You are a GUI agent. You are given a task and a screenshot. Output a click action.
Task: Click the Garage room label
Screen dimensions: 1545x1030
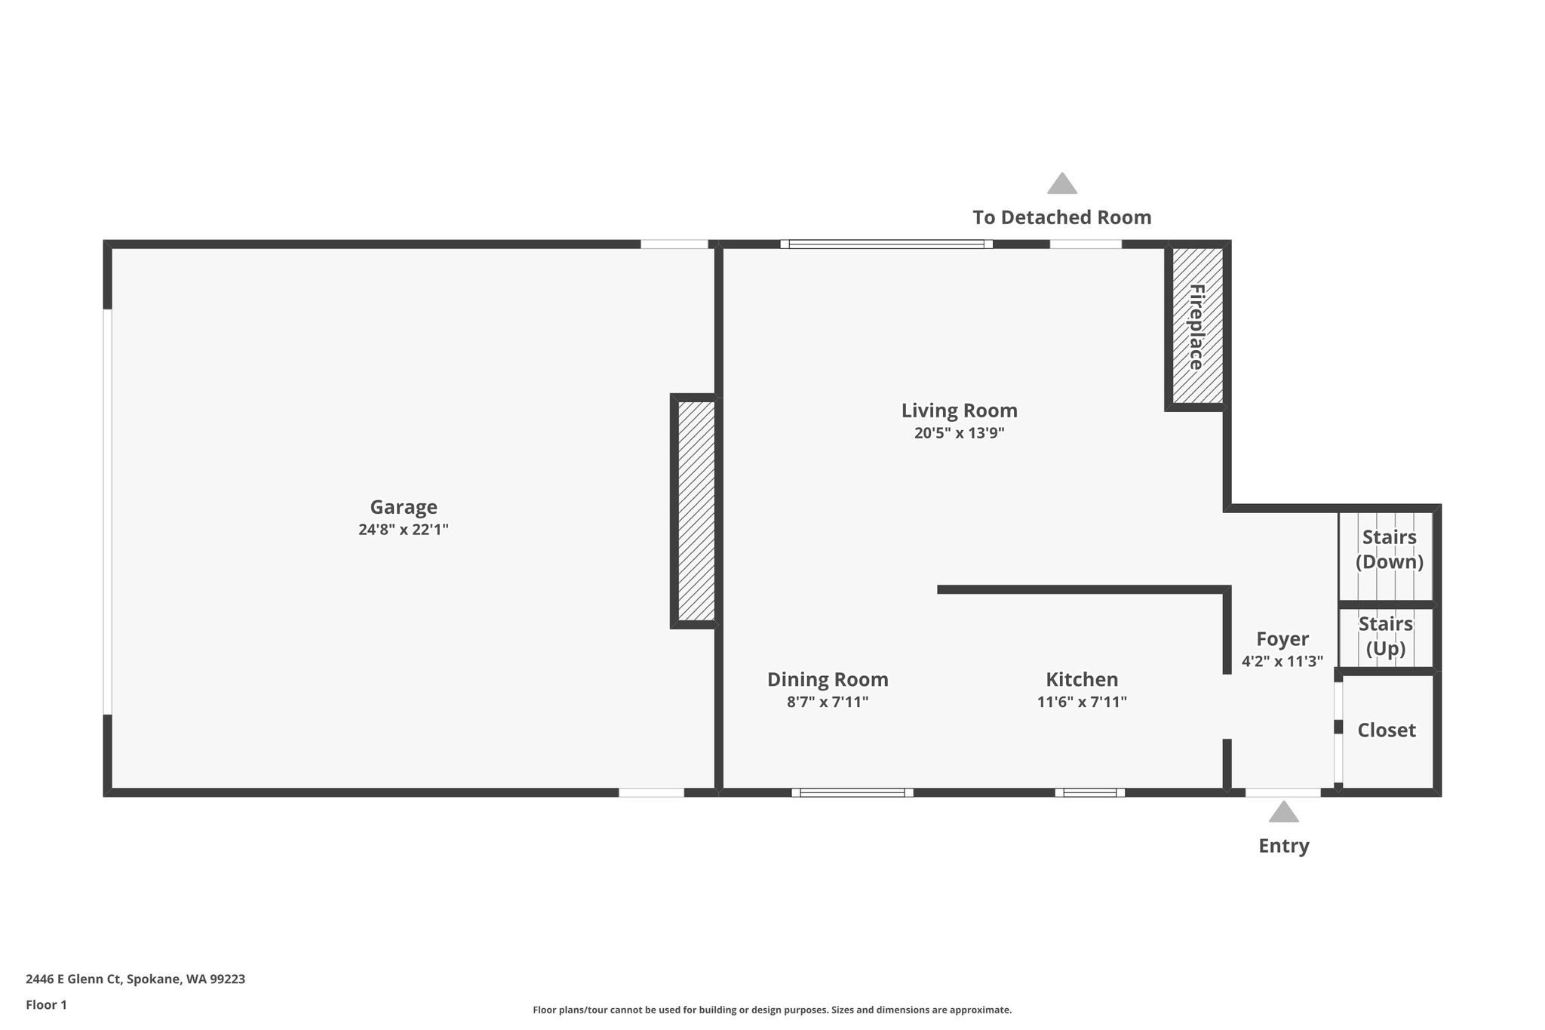(x=404, y=507)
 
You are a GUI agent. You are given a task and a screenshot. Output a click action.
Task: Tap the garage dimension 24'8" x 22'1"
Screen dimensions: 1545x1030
(x=404, y=530)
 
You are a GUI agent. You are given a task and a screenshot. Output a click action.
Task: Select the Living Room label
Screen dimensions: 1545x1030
(x=960, y=410)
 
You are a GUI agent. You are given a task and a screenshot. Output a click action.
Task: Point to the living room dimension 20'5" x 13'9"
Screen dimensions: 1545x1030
(x=960, y=433)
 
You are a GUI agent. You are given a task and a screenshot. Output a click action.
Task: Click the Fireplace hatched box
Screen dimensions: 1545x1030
(x=1197, y=326)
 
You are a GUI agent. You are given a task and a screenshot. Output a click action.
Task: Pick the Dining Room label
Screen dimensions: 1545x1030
(x=828, y=679)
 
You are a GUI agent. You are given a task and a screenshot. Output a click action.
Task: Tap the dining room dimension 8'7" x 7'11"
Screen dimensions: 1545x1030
(x=828, y=702)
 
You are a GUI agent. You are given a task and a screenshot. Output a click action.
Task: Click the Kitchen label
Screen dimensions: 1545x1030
(x=1082, y=679)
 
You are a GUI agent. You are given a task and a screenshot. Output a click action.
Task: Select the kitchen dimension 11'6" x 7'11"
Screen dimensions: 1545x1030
(x=1082, y=702)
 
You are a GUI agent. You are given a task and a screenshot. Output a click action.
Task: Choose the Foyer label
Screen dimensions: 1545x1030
(x=1282, y=639)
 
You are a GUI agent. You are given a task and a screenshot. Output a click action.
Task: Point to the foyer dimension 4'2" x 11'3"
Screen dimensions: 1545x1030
(x=1282, y=662)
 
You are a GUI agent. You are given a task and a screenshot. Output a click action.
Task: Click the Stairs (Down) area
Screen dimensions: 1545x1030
(x=1386, y=556)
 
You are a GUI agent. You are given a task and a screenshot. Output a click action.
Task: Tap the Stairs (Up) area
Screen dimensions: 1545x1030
(x=1386, y=638)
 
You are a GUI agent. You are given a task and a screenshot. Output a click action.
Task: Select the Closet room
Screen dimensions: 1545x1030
(x=1387, y=730)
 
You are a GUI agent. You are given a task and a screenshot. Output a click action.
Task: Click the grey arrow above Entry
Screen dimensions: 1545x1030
(x=1283, y=812)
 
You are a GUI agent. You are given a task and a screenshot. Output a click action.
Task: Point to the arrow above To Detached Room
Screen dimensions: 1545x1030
(x=1062, y=183)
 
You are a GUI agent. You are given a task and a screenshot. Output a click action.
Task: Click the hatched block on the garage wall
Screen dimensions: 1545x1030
(x=694, y=511)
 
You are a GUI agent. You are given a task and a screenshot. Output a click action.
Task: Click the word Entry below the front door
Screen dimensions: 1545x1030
(x=1283, y=846)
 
